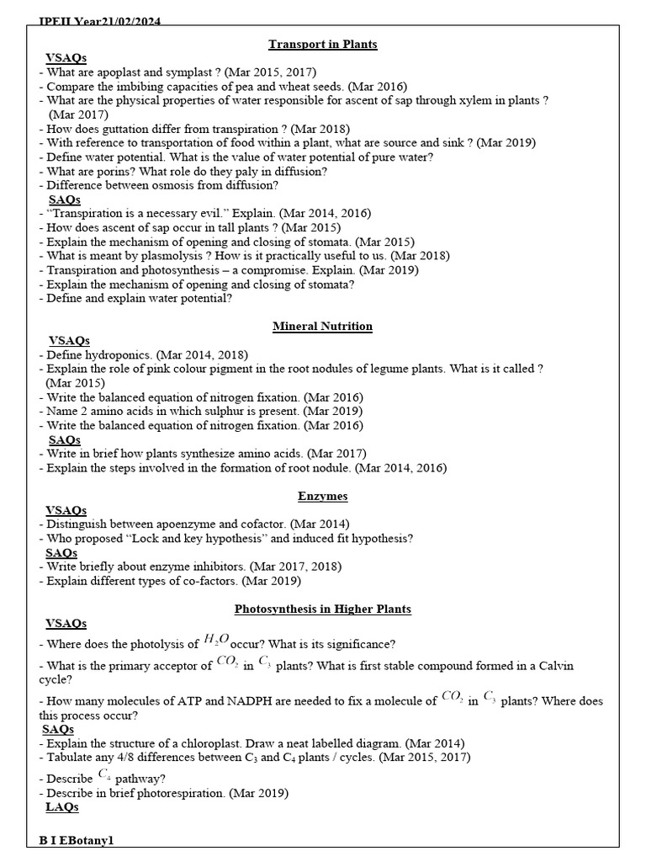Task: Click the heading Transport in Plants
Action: pyautogui.click(x=323, y=44)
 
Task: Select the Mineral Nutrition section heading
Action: pyautogui.click(x=323, y=326)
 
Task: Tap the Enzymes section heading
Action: pyautogui.click(x=323, y=496)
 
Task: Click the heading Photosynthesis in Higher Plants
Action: pyautogui.click(x=323, y=609)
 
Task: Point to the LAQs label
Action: pyautogui.click(x=62, y=807)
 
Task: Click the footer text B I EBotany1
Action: pyautogui.click(x=76, y=841)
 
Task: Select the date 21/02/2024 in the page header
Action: pyautogui.click(x=125, y=22)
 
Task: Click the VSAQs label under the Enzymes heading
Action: pyautogui.click(x=66, y=510)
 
